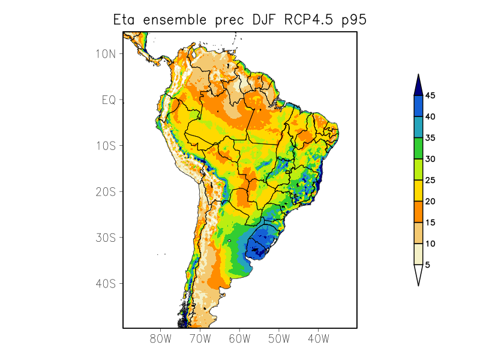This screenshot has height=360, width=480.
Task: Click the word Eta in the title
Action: click(125, 20)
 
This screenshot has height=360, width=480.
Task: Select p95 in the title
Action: click(354, 20)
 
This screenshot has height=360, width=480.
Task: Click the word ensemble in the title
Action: click(175, 20)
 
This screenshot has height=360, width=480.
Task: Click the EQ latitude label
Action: click(109, 100)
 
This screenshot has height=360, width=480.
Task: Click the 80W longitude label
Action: click(161, 338)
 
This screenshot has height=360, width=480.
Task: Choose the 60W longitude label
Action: click(239, 338)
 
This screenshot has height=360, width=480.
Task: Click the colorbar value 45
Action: click(430, 95)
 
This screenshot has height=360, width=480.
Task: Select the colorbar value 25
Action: click(430, 180)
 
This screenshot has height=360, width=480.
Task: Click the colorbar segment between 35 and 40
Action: click(418, 127)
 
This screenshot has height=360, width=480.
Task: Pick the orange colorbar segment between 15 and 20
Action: click(418, 211)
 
